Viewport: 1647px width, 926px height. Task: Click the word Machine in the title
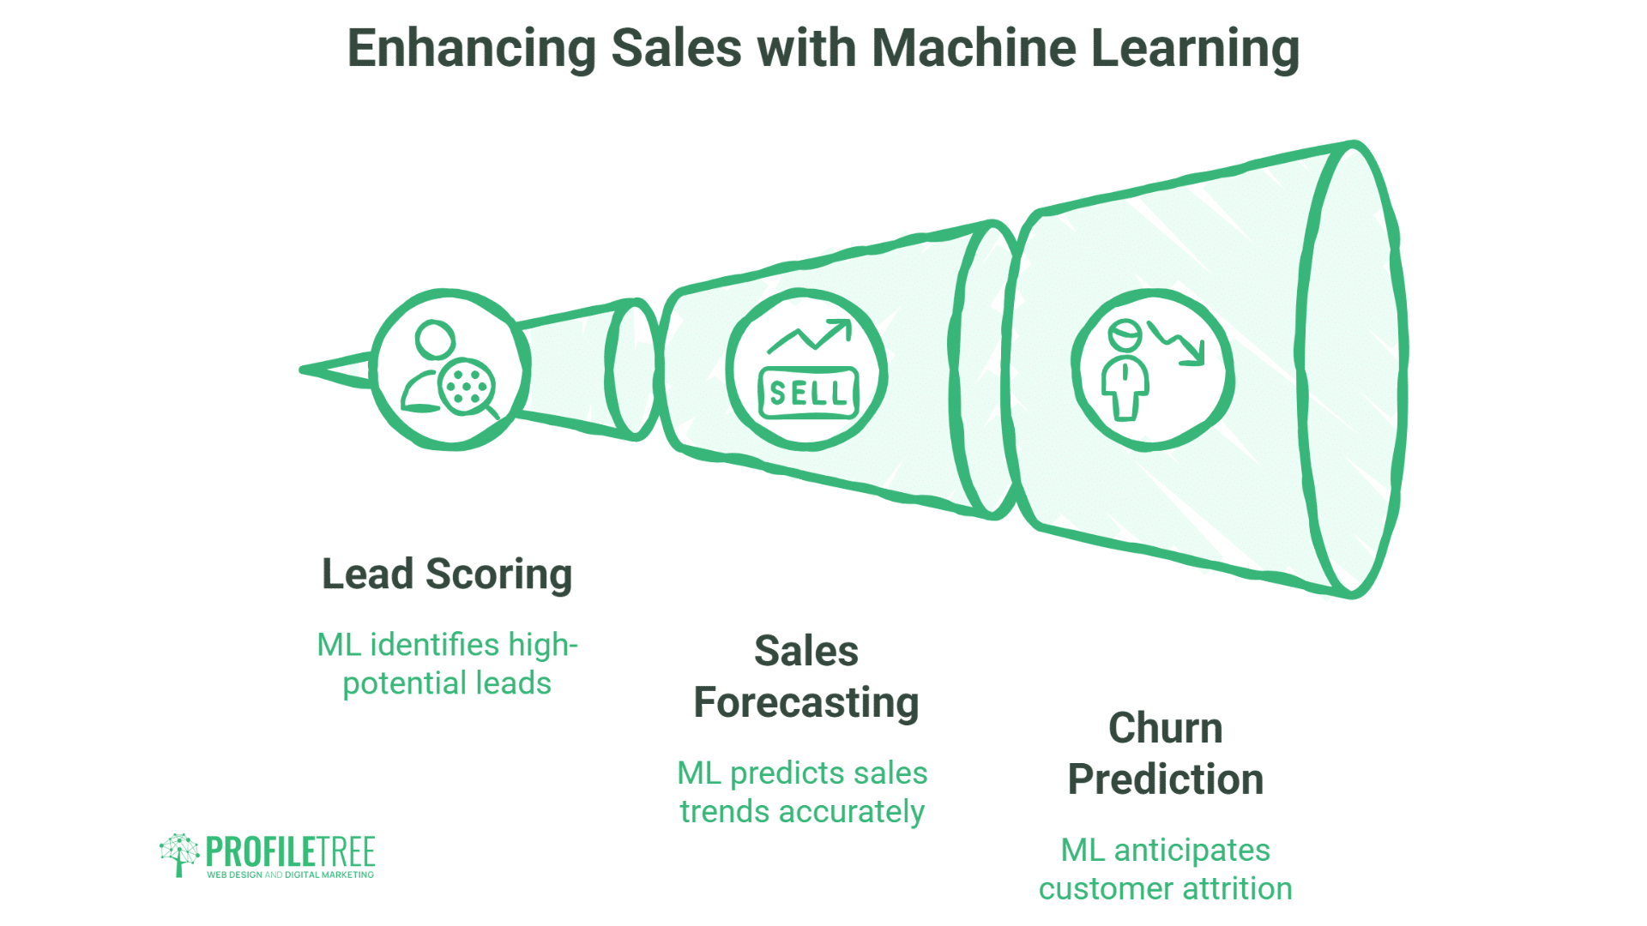tap(973, 48)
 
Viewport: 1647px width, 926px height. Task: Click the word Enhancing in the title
tap(471, 48)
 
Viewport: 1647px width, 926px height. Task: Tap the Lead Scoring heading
tap(446, 574)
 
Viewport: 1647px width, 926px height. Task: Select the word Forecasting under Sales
tap(805, 703)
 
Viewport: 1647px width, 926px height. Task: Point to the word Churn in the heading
tap(1165, 729)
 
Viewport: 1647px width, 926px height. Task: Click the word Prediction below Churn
tap(1165, 780)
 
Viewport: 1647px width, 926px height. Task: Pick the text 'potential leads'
tap(446, 683)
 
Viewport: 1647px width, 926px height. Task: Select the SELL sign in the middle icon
tap(808, 393)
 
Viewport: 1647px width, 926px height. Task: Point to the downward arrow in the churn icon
tap(1179, 343)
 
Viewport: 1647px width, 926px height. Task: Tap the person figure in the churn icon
tap(1125, 370)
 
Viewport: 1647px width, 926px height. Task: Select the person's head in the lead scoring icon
tap(435, 340)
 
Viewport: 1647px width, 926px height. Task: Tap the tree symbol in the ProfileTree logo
tap(178, 854)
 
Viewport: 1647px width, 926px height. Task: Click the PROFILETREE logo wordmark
tap(290, 851)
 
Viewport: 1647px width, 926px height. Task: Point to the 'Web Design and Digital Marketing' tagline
tap(290, 875)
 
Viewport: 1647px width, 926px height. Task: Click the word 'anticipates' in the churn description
tap(1192, 850)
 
